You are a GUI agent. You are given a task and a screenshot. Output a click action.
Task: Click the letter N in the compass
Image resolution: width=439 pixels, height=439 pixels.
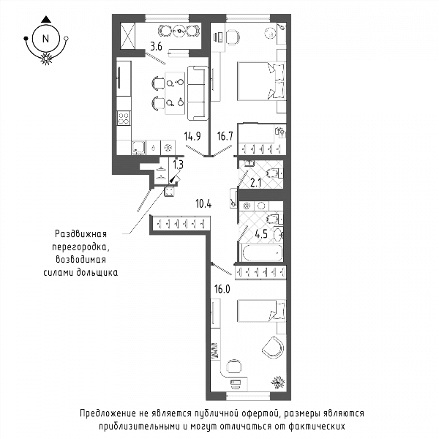(x=45, y=38)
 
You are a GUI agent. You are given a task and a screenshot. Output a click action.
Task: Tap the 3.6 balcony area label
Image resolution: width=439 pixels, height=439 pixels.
(x=156, y=47)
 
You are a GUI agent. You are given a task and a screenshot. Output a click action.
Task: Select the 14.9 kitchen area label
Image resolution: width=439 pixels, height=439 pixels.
(x=192, y=136)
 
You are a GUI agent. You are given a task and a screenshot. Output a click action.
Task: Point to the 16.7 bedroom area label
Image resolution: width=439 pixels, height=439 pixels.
(x=225, y=136)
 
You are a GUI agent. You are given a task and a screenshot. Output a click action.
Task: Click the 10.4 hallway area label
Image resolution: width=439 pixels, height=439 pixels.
(x=203, y=204)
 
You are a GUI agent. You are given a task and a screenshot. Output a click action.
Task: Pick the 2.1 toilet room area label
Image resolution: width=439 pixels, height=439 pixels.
(x=255, y=183)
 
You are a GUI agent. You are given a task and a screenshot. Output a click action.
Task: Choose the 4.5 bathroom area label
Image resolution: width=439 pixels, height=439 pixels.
(x=261, y=234)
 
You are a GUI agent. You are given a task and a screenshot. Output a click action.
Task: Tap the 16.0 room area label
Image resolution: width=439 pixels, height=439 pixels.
(x=222, y=289)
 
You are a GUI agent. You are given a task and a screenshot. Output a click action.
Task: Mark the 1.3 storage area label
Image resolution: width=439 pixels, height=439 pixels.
(x=178, y=165)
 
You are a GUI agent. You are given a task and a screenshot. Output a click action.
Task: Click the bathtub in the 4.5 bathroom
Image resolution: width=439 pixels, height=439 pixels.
(x=262, y=252)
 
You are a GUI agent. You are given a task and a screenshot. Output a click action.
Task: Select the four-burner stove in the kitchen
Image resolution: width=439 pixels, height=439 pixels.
(x=124, y=118)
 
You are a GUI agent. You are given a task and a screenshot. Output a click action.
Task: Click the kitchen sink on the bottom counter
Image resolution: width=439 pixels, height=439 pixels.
(x=138, y=147)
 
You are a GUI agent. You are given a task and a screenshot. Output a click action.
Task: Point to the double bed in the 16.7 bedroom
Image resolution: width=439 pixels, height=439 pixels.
(x=261, y=81)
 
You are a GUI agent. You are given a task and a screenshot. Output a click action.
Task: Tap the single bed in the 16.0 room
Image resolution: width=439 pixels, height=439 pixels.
(x=261, y=311)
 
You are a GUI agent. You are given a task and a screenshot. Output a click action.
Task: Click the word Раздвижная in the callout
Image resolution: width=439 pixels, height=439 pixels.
(x=80, y=234)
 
